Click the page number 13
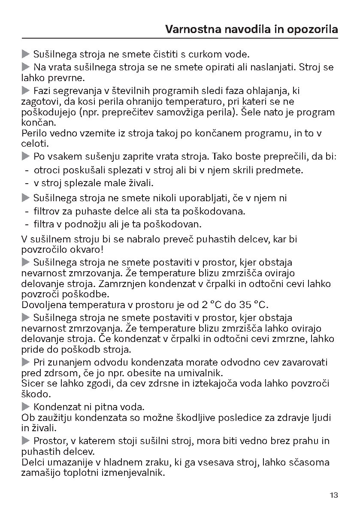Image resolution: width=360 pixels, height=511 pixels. [x=334, y=495]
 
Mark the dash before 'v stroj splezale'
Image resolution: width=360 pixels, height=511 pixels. [x=27, y=183]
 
